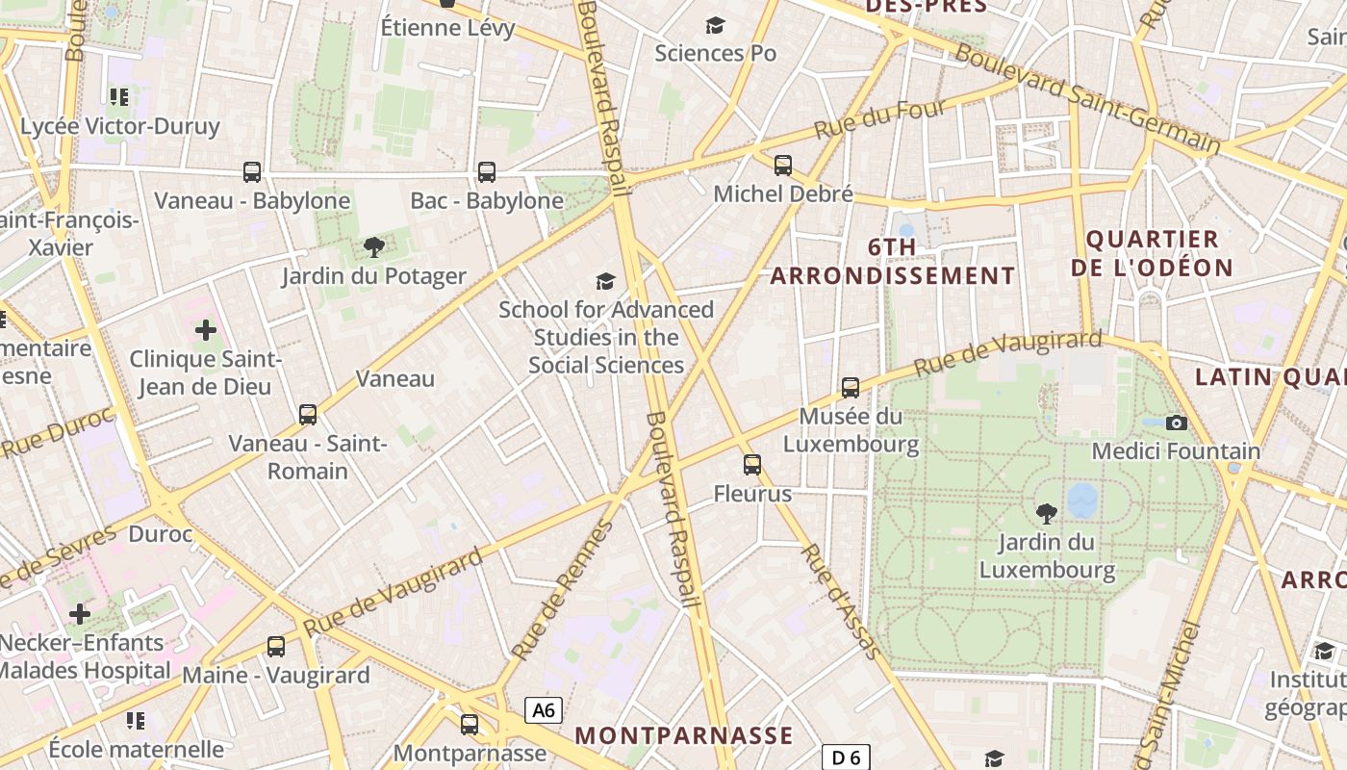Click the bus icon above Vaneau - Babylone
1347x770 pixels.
pyautogui.click(x=252, y=172)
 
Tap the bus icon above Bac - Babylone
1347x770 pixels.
pyautogui.click(x=487, y=172)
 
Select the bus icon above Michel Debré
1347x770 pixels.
pyautogui.click(x=783, y=166)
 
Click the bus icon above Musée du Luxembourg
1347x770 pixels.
pyautogui.click(x=851, y=388)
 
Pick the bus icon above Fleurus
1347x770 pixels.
pyautogui.click(x=752, y=466)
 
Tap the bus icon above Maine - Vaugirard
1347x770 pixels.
pyautogui.click(x=276, y=647)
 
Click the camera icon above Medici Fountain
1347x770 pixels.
pyautogui.click(x=1176, y=423)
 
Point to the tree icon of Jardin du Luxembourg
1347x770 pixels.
pyautogui.click(x=1047, y=514)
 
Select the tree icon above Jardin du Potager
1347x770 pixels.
pyautogui.click(x=374, y=248)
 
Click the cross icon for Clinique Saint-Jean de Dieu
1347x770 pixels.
pyautogui.click(x=206, y=331)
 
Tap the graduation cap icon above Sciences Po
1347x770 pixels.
pyautogui.click(x=715, y=25)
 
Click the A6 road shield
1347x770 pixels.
pyautogui.click(x=544, y=710)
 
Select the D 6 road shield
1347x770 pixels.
pyautogui.click(x=846, y=757)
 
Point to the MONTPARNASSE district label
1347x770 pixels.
pyautogui.click(x=684, y=736)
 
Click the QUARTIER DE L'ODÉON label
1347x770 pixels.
pyautogui.click(x=1152, y=253)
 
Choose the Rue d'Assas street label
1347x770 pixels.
pyautogui.click(x=841, y=602)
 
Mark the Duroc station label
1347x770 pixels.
pyautogui.click(x=161, y=533)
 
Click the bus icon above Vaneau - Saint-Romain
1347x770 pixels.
pyautogui.click(x=308, y=415)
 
